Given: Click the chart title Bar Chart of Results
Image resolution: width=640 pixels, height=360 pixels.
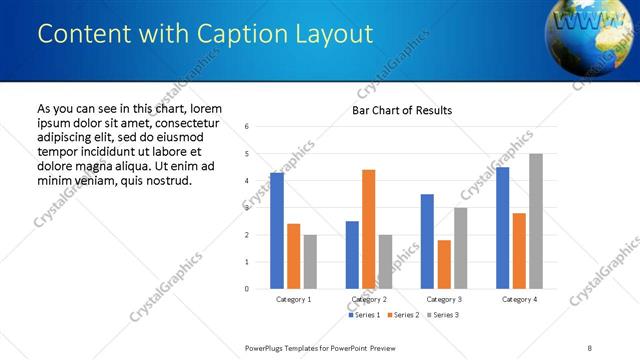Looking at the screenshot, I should coord(402,110).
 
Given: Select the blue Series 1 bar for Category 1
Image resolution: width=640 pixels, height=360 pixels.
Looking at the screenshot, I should coord(277,231).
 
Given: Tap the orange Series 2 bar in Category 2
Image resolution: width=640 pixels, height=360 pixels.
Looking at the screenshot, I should coord(368,229).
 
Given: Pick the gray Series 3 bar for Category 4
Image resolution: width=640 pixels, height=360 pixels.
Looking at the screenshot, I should coord(536,221).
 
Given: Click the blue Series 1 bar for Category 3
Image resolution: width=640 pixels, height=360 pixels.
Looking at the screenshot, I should coord(427,241).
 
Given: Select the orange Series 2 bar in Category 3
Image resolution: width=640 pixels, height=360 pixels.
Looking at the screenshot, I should coord(444,264).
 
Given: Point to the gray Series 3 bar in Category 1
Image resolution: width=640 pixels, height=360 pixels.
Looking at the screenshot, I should coord(310,262).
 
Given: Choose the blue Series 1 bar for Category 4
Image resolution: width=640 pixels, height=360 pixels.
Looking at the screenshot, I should coord(502,228).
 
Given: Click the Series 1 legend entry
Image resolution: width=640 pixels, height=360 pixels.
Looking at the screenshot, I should coord(365,315).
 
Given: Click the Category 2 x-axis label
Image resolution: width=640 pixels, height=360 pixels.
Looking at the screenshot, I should coord(369,299).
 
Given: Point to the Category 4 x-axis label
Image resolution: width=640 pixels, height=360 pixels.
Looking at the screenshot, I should coord(519,299).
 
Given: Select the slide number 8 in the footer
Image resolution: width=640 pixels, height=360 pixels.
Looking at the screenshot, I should coord(590,347).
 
